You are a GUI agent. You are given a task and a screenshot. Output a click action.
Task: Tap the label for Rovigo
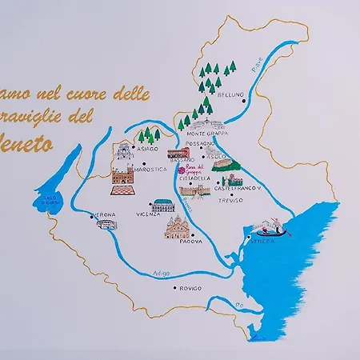coord(190,288)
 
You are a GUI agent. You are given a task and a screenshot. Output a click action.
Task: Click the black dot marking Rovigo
coord(175,288)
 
